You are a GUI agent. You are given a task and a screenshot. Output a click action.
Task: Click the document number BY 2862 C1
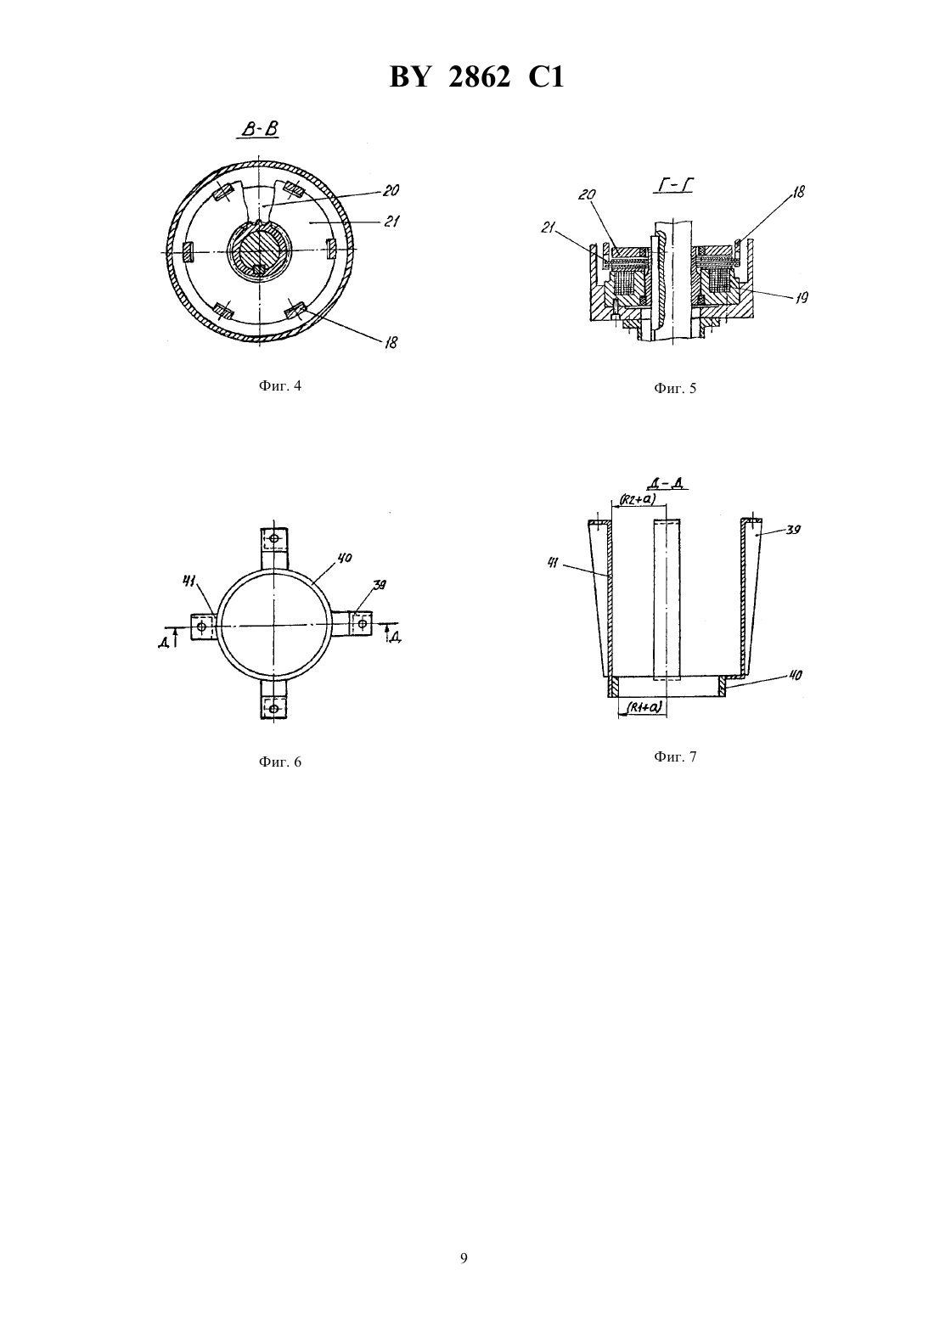[x=476, y=77]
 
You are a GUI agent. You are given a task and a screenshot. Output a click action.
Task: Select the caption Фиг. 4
[x=280, y=385]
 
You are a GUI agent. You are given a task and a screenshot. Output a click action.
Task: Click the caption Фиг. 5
[x=675, y=388]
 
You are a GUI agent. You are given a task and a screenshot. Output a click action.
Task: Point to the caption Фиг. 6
[x=280, y=762]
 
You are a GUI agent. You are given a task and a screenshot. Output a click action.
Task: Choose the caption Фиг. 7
[x=675, y=756]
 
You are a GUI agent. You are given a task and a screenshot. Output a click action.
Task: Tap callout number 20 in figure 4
[x=391, y=190]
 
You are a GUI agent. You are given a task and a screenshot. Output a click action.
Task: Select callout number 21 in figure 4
[x=391, y=222]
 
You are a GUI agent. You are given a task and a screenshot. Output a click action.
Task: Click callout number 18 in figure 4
[x=391, y=343]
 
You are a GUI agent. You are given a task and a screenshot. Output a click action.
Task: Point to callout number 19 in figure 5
[x=801, y=298]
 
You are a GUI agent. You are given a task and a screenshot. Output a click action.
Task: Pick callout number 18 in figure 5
[x=797, y=192]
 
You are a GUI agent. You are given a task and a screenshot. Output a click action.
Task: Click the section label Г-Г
[x=675, y=187]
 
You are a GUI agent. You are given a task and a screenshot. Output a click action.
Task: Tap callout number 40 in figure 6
[x=346, y=558]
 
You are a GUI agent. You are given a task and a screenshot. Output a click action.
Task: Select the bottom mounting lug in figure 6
[x=274, y=700]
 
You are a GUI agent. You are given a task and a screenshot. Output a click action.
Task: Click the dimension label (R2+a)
[x=638, y=499]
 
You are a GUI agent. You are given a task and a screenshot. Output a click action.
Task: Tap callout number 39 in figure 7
[x=793, y=530]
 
